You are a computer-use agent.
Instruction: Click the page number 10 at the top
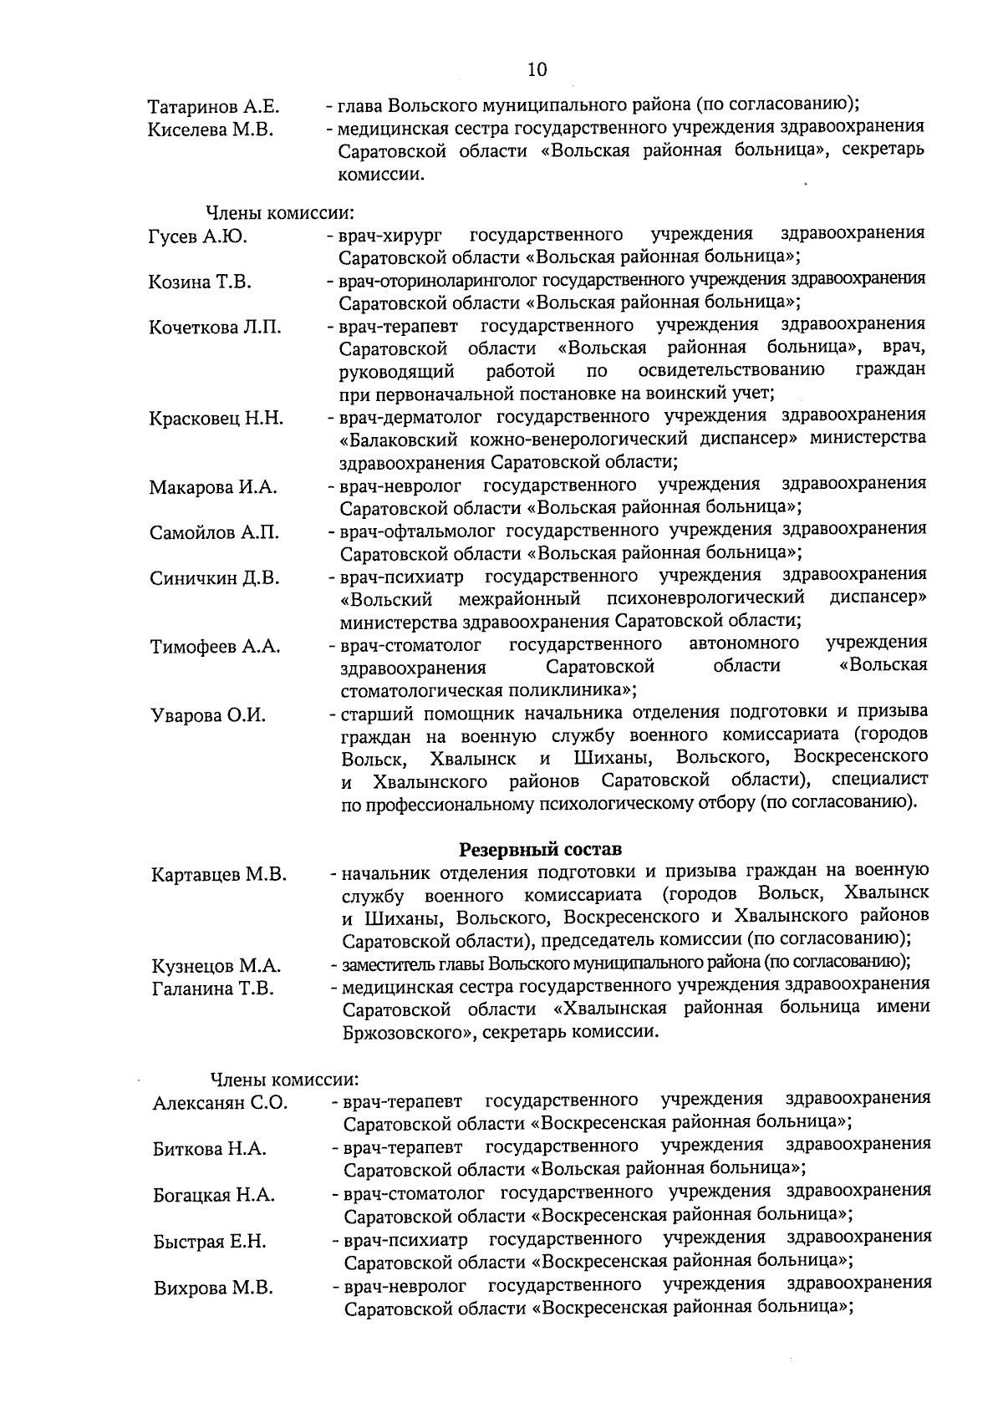[537, 69]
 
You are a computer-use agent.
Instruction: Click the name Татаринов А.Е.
[213, 108]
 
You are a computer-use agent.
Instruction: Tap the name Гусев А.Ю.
[198, 237]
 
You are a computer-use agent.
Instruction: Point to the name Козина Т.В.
[201, 282]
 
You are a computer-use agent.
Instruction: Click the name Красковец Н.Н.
[216, 419]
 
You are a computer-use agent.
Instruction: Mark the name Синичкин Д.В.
[215, 578]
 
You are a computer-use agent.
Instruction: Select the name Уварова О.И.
[208, 715]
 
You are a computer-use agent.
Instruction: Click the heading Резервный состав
[541, 850]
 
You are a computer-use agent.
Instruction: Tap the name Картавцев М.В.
[219, 875]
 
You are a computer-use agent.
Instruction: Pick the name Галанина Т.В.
[213, 989]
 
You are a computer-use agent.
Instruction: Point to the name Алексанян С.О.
[220, 1104]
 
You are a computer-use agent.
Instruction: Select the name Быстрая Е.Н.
[210, 1242]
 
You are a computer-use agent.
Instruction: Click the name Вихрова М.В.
[213, 1288]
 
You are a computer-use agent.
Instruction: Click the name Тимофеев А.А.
[216, 647]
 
